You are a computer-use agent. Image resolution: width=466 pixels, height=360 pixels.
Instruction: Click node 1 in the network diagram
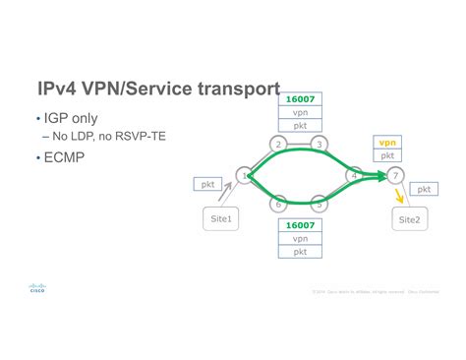(x=244, y=175)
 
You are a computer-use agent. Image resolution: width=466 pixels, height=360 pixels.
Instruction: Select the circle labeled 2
(x=279, y=145)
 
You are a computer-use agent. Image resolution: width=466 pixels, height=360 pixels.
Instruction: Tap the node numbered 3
(x=319, y=145)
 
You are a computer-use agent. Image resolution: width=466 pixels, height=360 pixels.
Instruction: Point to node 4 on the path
(x=354, y=176)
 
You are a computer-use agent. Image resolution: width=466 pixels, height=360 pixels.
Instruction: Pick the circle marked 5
(x=320, y=205)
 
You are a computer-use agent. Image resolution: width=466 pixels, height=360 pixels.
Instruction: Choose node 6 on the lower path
(x=280, y=205)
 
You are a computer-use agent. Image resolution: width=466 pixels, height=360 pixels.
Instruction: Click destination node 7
(x=394, y=176)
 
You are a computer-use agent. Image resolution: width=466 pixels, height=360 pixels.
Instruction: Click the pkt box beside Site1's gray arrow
(x=209, y=183)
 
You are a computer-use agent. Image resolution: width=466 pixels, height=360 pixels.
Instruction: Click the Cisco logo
(x=36, y=288)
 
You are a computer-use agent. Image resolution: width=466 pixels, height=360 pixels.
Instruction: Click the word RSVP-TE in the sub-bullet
(x=142, y=136)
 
